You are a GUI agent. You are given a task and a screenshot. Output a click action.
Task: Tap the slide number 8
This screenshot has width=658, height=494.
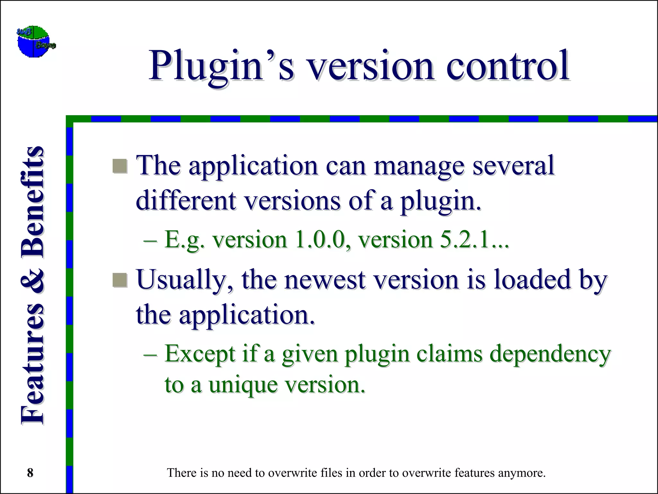point(30,473)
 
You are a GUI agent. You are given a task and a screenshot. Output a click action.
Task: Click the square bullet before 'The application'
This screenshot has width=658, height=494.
point(120,166)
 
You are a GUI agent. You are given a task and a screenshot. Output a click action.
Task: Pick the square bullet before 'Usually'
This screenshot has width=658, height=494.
point(120,280)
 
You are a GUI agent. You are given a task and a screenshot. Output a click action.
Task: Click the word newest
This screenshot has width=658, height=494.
point(325,280)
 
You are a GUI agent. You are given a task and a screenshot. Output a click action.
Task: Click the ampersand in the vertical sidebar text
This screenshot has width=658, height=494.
point(32,280)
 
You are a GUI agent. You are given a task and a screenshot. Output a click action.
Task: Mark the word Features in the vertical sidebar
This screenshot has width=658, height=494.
point(32,363)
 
